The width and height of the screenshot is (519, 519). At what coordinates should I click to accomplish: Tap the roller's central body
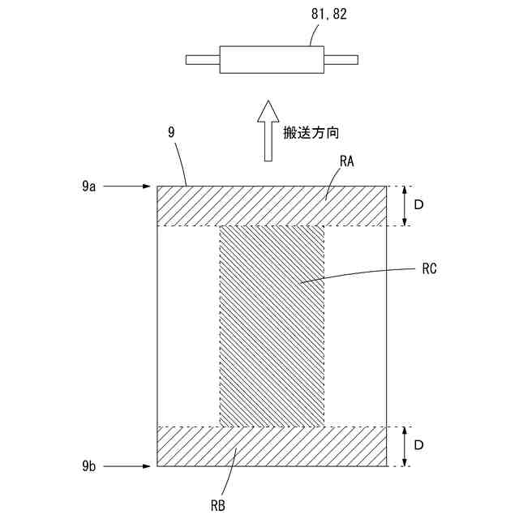coord(272,59)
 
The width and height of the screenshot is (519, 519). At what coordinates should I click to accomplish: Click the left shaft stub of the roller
coord(203,59)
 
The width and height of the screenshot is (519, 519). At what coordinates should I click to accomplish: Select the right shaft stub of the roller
coord(341,59)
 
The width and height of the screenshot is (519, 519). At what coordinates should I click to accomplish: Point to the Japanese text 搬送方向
coord(309,131)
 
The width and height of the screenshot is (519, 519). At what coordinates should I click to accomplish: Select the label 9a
coord(89,187)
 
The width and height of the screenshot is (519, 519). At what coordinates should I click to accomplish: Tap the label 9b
coord(89,466)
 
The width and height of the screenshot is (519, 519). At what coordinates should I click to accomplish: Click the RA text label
coord(348,162)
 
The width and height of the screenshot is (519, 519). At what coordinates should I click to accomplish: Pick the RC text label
coord(430,269)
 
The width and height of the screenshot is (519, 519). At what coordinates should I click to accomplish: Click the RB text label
coord(218,504)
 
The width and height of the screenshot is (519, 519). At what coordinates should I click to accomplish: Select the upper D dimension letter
coord(418,206)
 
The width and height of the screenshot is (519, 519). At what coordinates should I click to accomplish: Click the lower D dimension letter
coord(418,446)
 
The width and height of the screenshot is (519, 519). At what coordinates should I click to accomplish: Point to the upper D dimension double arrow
coord(403,206)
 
